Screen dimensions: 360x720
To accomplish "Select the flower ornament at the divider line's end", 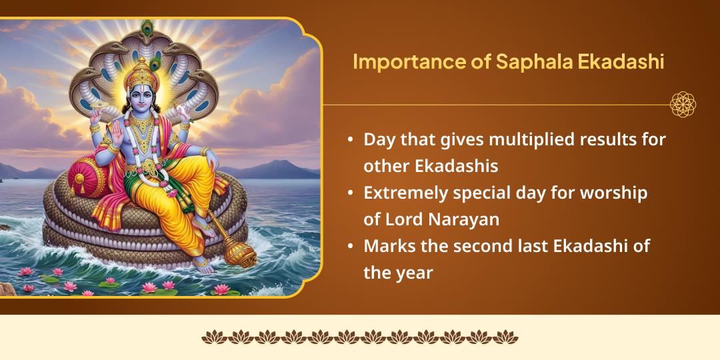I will click(x=683, y=105).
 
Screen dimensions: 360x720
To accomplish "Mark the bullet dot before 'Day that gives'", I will click(x=351, y=141).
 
